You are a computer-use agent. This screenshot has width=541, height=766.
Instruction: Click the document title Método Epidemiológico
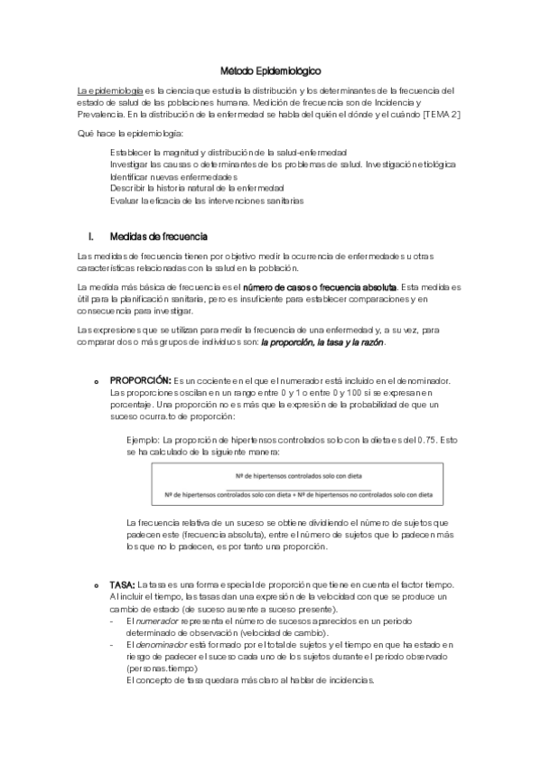(270, 70)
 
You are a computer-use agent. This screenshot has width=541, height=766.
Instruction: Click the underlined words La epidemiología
(109, 90)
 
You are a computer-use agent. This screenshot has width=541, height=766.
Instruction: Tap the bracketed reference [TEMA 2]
(441, 115)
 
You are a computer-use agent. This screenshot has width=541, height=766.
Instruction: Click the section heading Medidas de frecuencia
(158, 237)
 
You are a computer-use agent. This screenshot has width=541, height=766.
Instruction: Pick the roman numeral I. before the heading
(90, 237)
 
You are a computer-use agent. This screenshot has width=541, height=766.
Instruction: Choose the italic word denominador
(163, 645)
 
